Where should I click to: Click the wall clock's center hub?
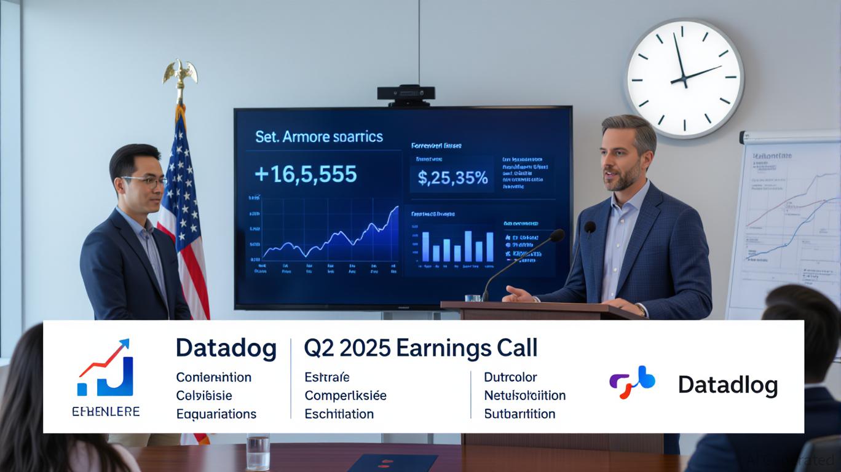(x=683, y=80)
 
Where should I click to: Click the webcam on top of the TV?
(x=406, y=93)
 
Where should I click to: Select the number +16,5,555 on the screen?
(x=305, y=175)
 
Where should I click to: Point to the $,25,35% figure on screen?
(x=452, y=178)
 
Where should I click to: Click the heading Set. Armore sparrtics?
(x=318, y=136)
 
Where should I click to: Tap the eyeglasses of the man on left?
(x=144, y=181)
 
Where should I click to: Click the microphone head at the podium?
(x=556, y=235)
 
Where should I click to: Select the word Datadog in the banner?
(x=226, y=348)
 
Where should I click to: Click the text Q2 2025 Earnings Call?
(x=421, y=348)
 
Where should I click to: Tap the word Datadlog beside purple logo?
(x=727, y=385)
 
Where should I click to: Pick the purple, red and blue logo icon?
(x=631, y=382)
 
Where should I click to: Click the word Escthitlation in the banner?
(x=339, y=414)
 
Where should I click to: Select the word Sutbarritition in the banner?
(x=519, y=414)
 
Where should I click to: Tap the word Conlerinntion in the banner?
(x=213, y=377)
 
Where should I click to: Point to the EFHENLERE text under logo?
(x=105, y=411)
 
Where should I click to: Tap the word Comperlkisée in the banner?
(x=345, y=396)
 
